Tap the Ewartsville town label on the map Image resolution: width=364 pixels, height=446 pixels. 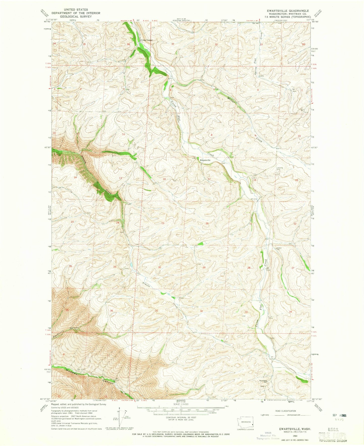205,160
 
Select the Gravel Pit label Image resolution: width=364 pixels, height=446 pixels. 279,248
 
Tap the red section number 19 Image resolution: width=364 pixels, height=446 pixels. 163,223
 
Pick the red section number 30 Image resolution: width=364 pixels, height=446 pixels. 159,267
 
